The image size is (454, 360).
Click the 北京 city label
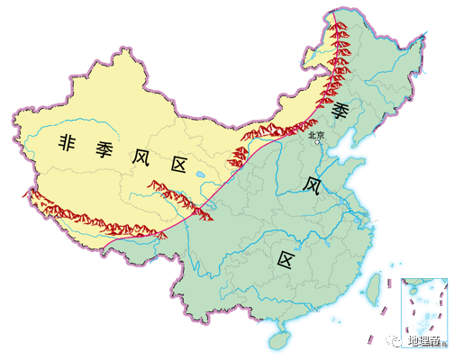point(315,135)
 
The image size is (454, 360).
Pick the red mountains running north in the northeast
point(340,54)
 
